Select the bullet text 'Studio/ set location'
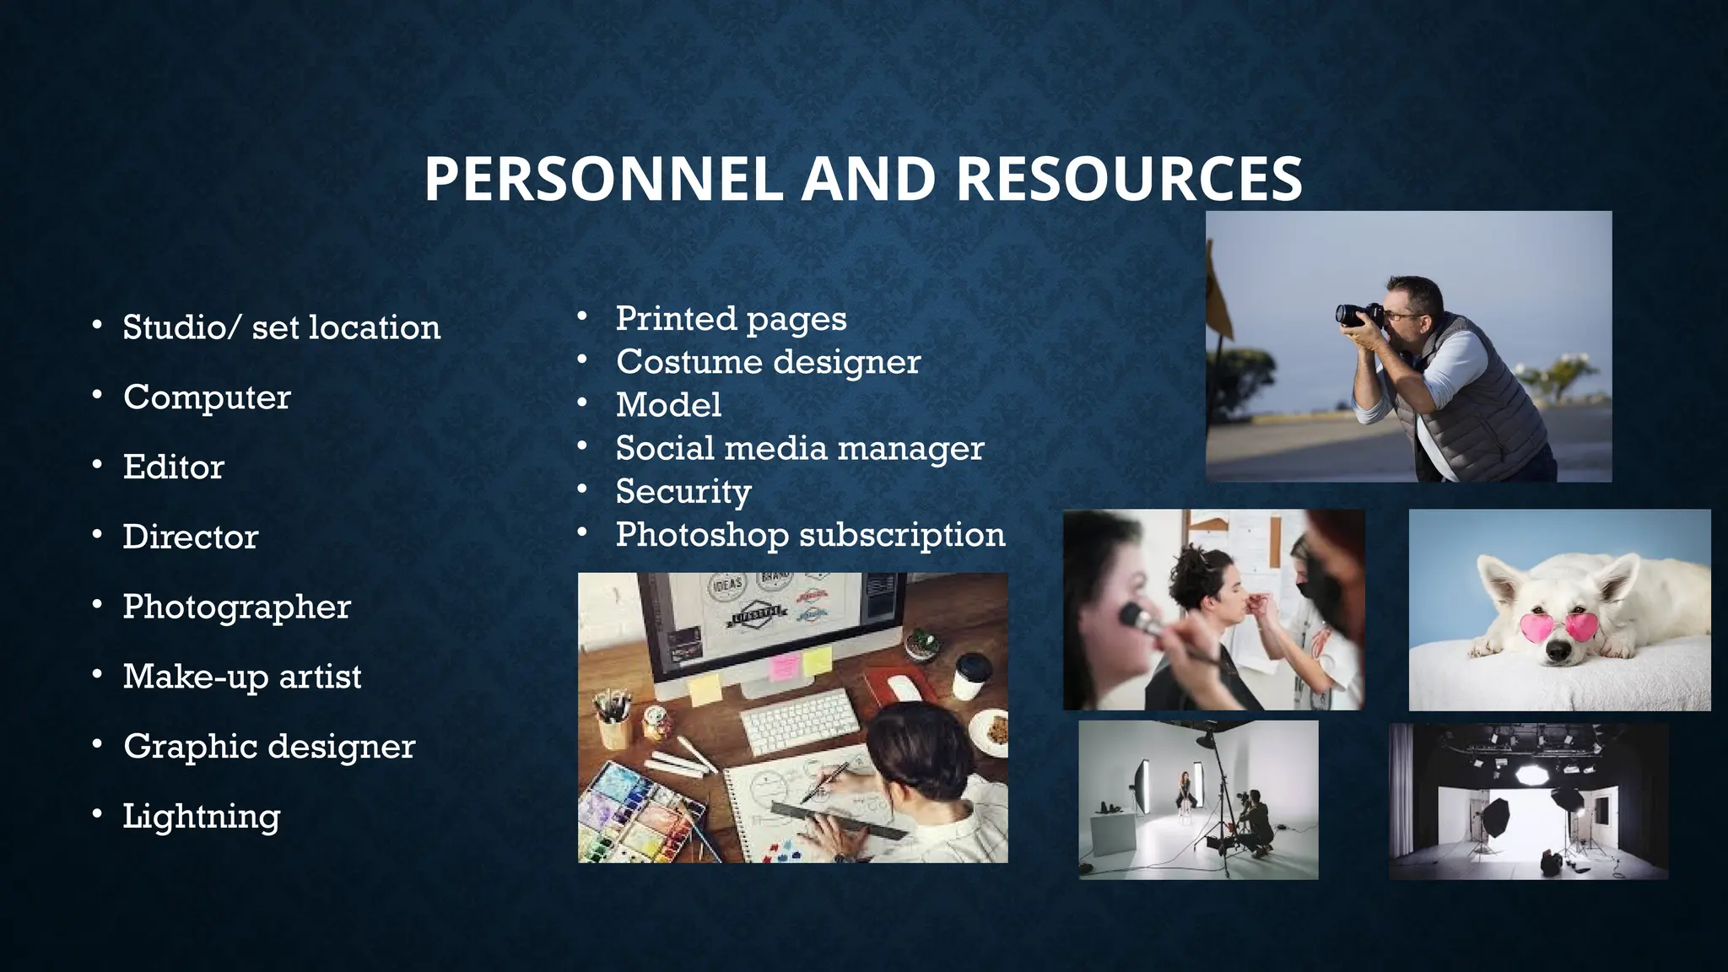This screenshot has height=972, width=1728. click(281, 327)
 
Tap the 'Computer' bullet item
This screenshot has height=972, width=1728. click(207, 397)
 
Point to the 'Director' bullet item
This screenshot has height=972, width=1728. click(191, 537)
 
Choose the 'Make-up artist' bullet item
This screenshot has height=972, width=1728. click(242, 677)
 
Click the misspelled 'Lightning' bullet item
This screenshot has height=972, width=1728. click(201, 816)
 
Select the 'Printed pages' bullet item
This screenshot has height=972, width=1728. click(731, 319)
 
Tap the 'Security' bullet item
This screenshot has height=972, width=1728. click(683, 492)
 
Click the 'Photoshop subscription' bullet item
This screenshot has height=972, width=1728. click(810, 535)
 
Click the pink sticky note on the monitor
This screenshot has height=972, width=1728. click(785, 667)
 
